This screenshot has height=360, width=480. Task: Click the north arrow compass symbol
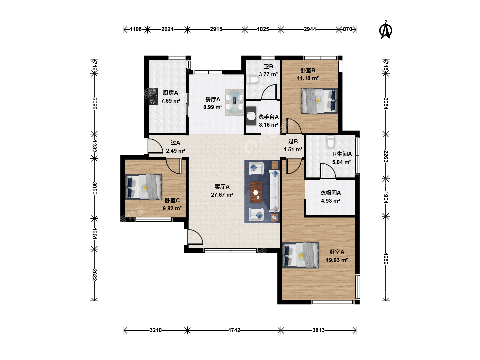(x=386, y=30)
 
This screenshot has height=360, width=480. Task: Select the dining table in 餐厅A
(x=234, y=102)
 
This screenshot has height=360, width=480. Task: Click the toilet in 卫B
(x=253, y=80)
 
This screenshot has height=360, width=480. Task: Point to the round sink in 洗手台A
(x=251, y=116)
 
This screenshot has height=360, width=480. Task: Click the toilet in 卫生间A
(x=330, y=142)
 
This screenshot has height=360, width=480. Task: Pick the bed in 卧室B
(x=319, y=101)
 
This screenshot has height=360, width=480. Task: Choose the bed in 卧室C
(x=143, y=187)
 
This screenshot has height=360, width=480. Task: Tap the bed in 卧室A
(x=300, y=255)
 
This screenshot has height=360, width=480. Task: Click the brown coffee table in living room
(x=256, y=192)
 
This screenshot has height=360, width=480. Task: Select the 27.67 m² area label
(x=222, y=195)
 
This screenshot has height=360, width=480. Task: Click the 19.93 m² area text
(x=337, y=260)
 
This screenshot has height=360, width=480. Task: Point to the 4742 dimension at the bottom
(x=234, y=330)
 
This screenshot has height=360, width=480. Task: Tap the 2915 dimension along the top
(x=216, y=29)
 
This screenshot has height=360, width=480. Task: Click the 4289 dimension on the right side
(x=386, y=258)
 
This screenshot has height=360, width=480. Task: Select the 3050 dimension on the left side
(x=94, y=188)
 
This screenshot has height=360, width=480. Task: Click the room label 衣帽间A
(x=330, y=193)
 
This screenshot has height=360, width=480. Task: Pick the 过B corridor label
(x=293, y=141)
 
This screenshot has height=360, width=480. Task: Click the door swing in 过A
(x=155, y=146)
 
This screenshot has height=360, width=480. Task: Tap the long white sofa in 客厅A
(x=275, y=191)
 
